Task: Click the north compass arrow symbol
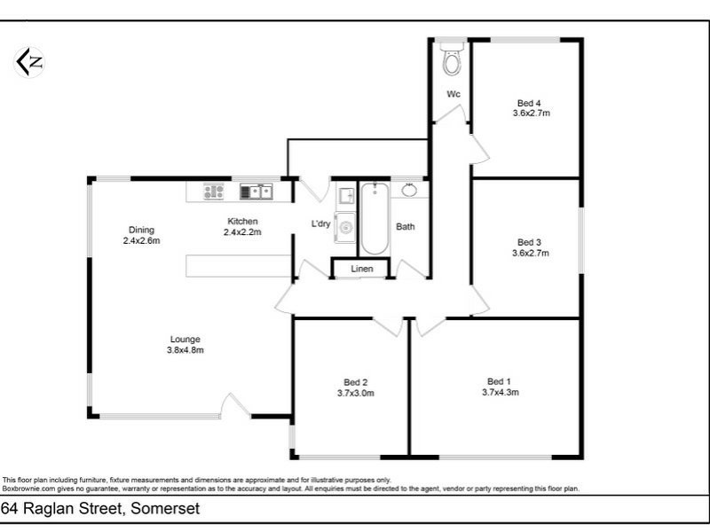coord(29,61)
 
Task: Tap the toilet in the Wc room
coord(452,59)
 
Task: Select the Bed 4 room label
coord(532,102)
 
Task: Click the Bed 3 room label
coord(530,242)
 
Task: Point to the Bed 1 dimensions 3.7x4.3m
coord(500,392)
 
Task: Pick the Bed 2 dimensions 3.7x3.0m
coord(355,393)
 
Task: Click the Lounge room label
coord(186,339)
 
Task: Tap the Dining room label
coord(141,229)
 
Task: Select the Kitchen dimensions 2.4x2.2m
coord(242,232)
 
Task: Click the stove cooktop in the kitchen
coord(213,190)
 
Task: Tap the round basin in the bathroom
coord(410,190)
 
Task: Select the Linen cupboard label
coord(361,269)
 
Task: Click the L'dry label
coord(320,223)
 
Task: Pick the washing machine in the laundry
coord(345,226)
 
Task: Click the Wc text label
coord(453,94)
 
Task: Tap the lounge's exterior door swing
coord(235,406)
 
